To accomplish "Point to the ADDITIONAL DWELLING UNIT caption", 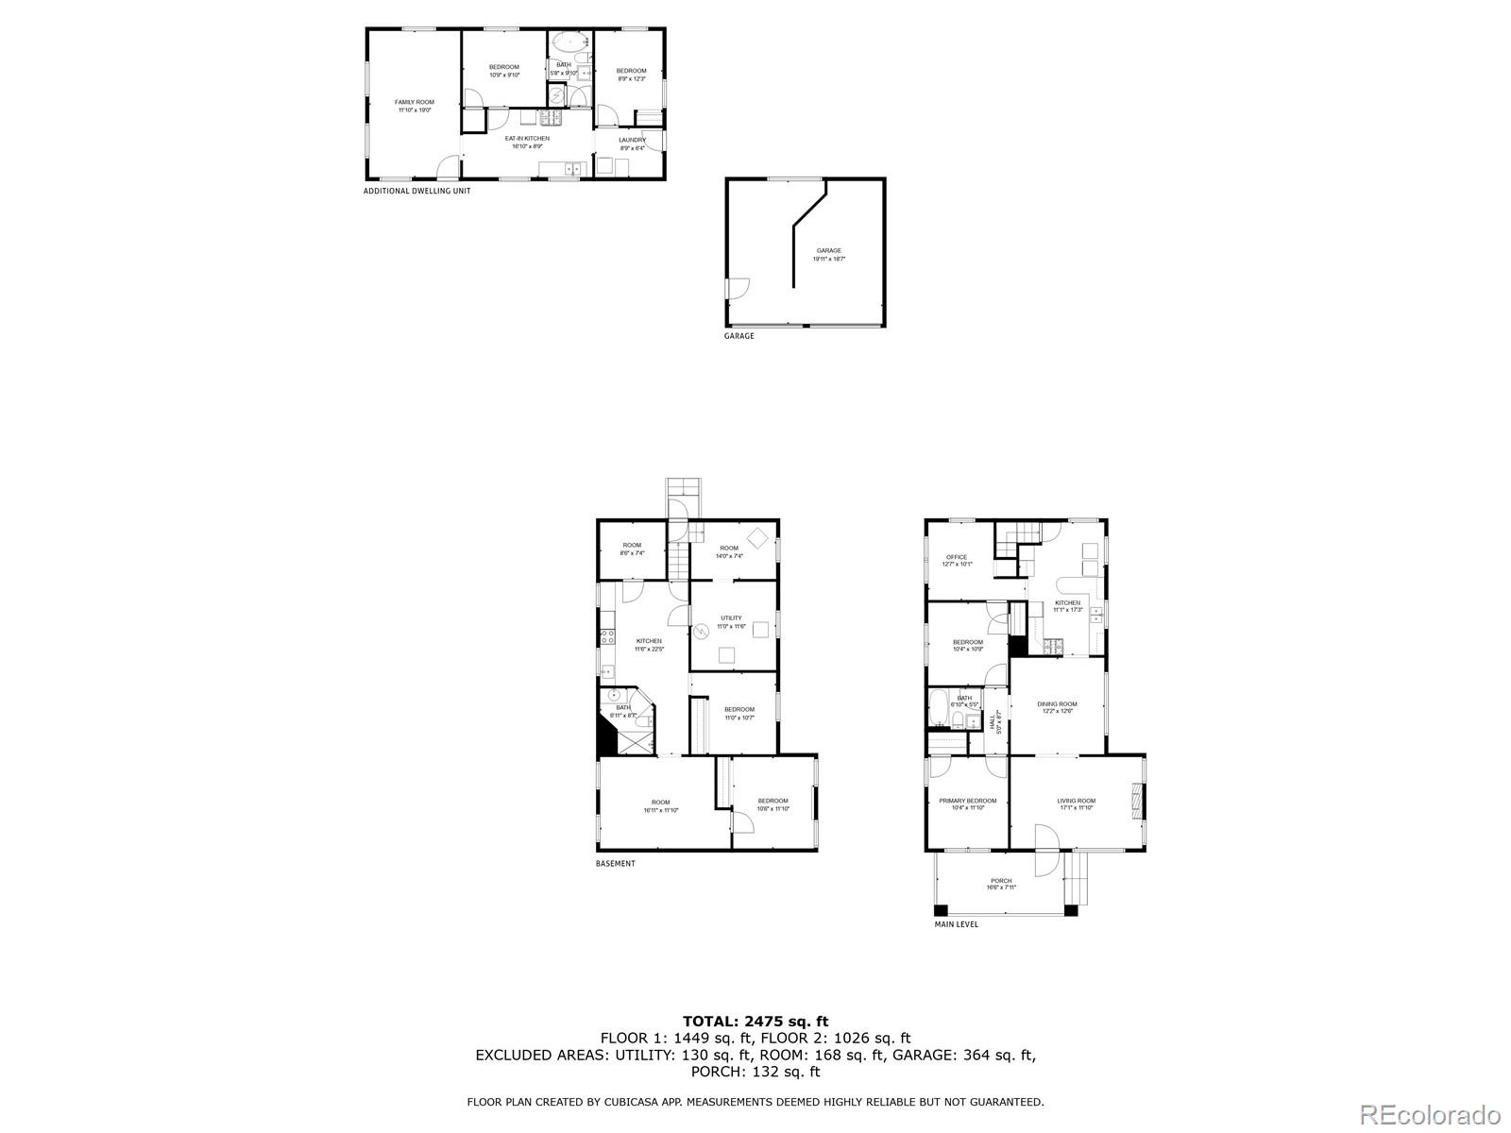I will [x=416, y=191].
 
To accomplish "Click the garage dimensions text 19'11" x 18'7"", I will [x=828, y=259].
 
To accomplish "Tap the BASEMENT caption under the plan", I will [x=615, y=864].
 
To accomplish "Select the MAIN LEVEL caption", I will [x=956, y=924].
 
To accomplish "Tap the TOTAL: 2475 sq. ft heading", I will [x=755, y=1021].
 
